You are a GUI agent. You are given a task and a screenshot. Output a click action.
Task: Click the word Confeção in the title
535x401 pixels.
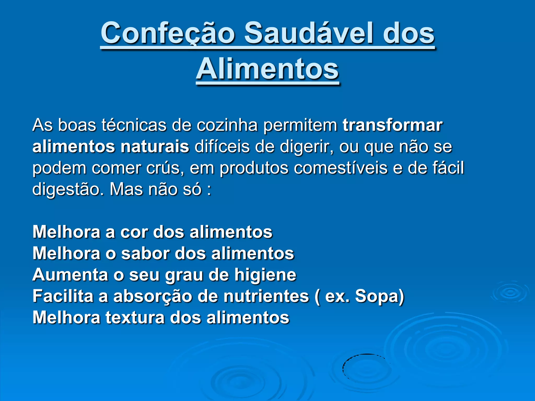[168, 33]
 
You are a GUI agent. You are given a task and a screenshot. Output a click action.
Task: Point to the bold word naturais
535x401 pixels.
[155, 146]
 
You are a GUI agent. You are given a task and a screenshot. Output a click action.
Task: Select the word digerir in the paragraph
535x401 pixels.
[306, 147]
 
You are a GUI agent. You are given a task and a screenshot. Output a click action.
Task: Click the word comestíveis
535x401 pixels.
[340, 168]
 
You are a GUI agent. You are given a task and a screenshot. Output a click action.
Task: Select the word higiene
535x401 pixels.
[265, 275]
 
